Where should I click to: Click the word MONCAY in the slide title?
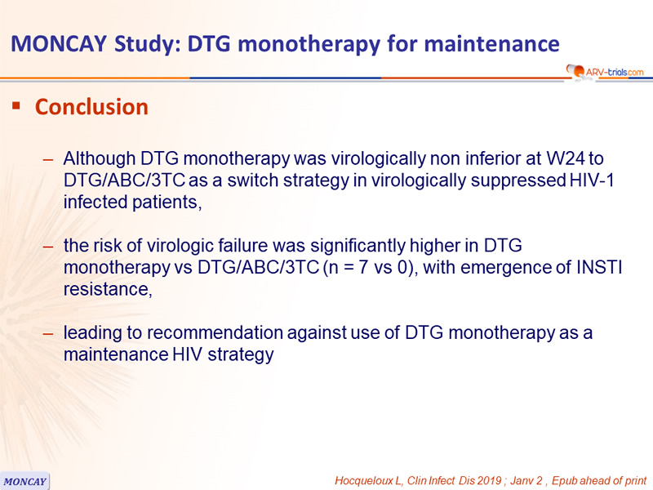[59, 44]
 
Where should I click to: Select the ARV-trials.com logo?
[605, 71]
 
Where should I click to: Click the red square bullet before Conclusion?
[16, 105]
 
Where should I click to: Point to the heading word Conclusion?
[91, 107]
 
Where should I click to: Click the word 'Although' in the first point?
[100, 158]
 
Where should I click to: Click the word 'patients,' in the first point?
[167, 203]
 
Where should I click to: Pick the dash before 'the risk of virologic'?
[48, 247]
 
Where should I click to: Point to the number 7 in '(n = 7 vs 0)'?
[362, 268]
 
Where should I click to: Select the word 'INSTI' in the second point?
[599, 268]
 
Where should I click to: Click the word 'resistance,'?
[108, 289]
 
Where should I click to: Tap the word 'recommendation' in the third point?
[215, 333]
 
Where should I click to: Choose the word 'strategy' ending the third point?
[241, 355]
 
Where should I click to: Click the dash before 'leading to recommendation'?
[48, 333]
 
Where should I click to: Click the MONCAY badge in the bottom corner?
[24, 481]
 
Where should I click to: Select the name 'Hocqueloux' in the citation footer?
[364, 481]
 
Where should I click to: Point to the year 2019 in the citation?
[489, 480]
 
